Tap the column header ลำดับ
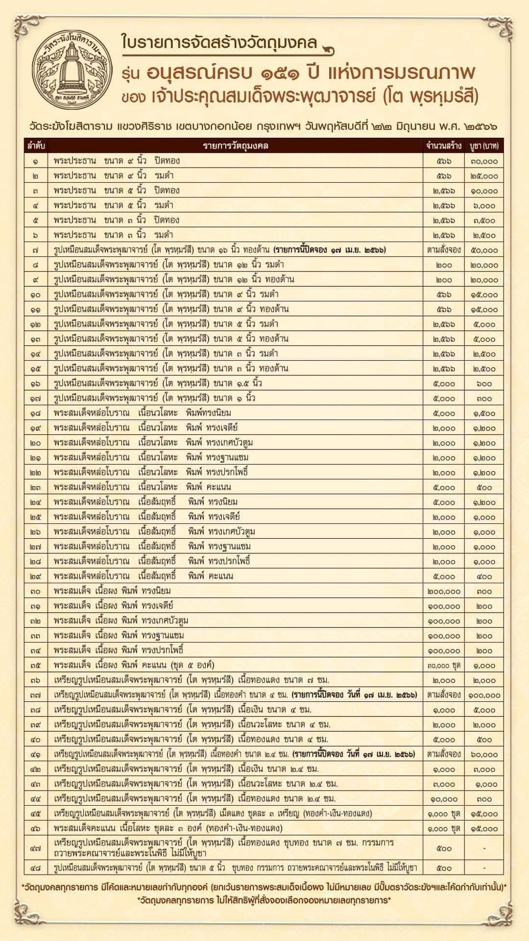pyautogui.click(x=36, y=146)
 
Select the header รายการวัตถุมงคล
pyautogui.click(x=236, y=146)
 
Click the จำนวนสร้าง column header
pyautogui.click(x=443, y=146)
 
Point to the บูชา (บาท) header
pyautogui.click(x=484, y=146)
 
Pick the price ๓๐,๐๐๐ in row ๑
pyautogui.click(x=484, y=161)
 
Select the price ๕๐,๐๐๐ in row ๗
pyautogui.click(x=484, y=250)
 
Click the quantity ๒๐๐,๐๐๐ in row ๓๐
pyautogui.click(x=443, y=591)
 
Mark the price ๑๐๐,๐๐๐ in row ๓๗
pyautogui.click(x=484, y=695)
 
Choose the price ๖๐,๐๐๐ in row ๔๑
pyautogui.click(x=484, y=754)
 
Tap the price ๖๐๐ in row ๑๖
pyautogui.click(x=484, y=383)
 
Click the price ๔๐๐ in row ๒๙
pyautogui.click(x=484, y=576)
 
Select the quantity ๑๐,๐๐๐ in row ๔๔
pyautogui.click(x=443, y=799)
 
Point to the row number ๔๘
pyautogui.click(x=36, y=868)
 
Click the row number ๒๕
pyautogui.click(x=36, y=517)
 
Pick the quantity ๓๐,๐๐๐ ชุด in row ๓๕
pyautogui.click(x=443, y=666)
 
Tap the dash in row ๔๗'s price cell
pyautogui.click(x=484, y=848)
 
